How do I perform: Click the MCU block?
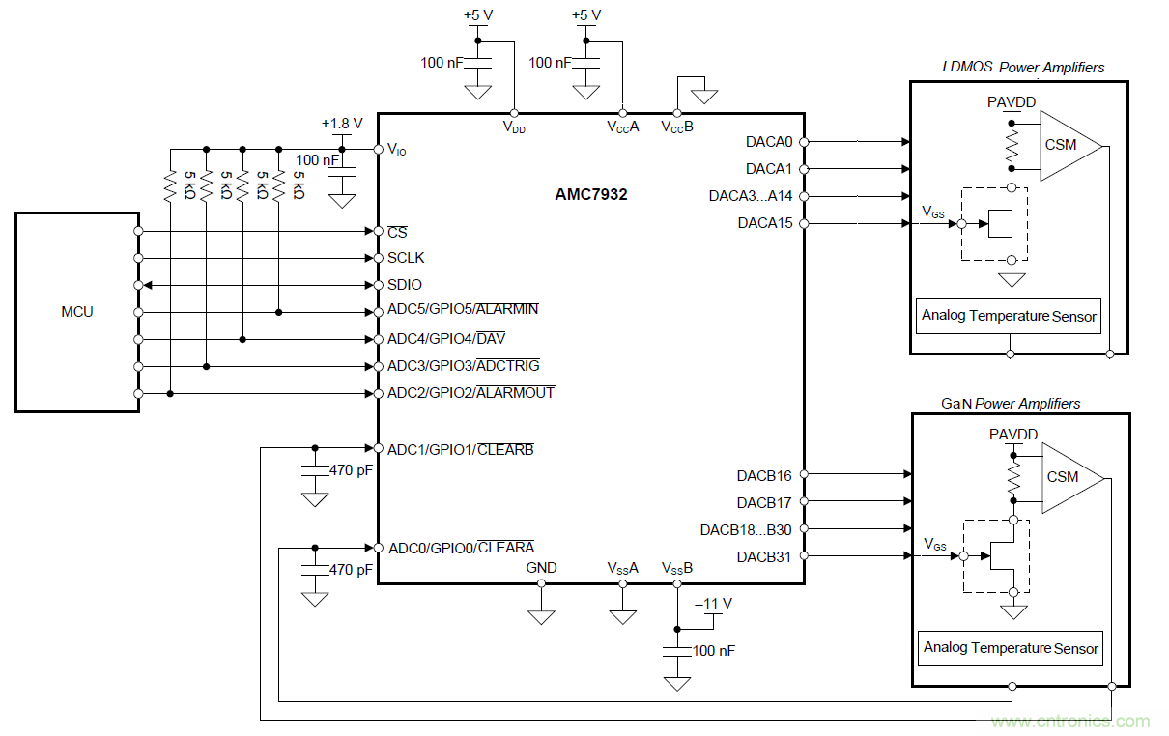click(x=77, y=312)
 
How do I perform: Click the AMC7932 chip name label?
click(x=590, y=194)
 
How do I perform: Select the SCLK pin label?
click(x=406, y=258)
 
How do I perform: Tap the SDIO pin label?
click(x=405, y=285)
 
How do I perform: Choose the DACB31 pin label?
click(x=764, y=556)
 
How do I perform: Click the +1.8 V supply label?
click(x=342, y=124)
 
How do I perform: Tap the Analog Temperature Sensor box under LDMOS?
click(x=1009, y=316)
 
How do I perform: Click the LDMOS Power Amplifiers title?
click(x=1023, y=68)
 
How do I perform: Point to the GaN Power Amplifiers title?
click(x=1011, y=404)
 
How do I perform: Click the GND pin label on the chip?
click(x=541, y=568)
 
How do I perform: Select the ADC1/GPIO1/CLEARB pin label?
click(x=460, y=449)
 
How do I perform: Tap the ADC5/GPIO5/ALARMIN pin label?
click(x=463, y=310)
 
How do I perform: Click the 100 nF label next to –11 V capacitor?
click(x=713, y=651)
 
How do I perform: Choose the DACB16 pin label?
click(x=764, y=475)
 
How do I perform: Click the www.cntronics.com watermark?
click(x=1070, y=722)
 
